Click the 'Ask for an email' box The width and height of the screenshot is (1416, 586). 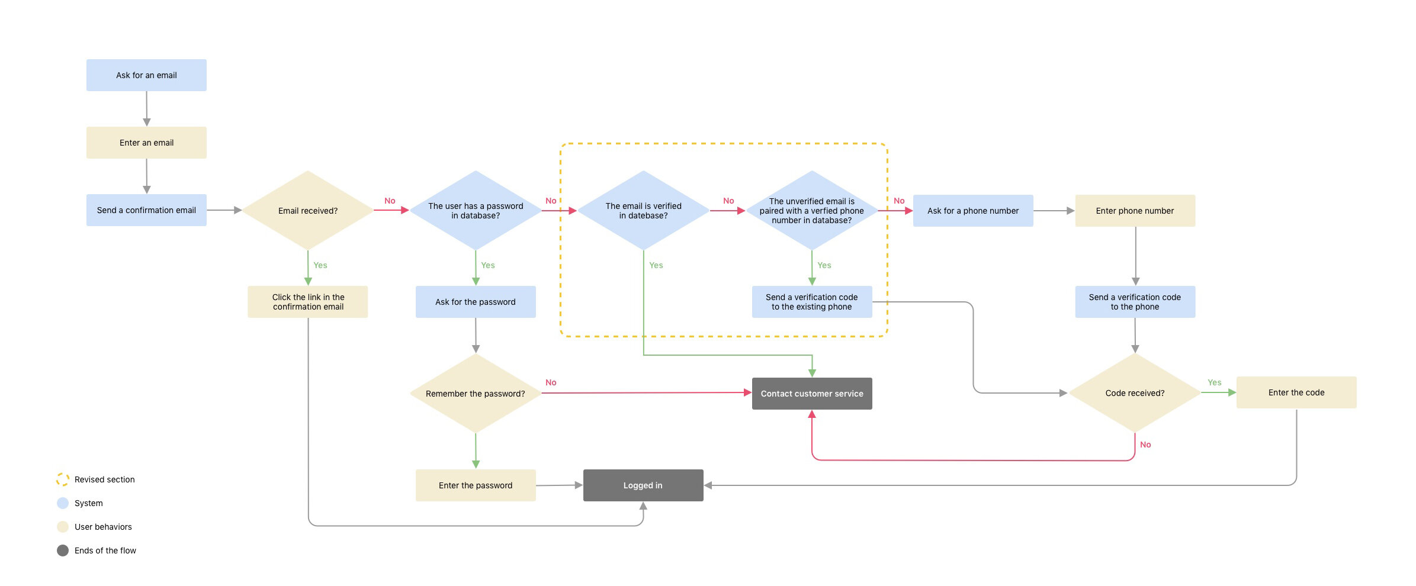[146, 75]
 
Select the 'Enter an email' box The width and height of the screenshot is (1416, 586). [146, 143]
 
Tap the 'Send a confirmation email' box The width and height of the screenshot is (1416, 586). [146, 210]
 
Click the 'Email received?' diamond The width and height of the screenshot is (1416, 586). [308, 211]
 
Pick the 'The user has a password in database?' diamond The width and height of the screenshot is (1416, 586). [476, 211]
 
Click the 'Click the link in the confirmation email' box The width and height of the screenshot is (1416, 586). [308, 302]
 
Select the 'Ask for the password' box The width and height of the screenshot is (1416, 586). [476, 302]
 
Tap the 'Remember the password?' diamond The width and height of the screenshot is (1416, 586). [476, 394]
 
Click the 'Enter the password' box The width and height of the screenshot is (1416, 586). [476, 485]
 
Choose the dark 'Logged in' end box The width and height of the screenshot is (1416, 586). [643, 485]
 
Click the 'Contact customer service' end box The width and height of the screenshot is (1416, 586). [812, 394]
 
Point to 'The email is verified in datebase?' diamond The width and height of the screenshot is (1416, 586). [644, 211]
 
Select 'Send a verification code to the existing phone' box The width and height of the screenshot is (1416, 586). [812, 302]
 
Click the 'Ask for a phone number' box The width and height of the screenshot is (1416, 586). [973, 211]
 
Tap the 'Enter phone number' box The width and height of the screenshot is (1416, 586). [1135, 211]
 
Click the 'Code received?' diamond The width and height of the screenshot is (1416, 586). [1135, 393]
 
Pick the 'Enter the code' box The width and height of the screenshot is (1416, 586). [1296, 392]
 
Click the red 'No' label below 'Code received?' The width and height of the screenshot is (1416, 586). [1145, 445]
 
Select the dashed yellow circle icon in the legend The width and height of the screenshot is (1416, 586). [63, 479]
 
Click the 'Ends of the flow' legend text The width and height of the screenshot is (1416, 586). [105, 550]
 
